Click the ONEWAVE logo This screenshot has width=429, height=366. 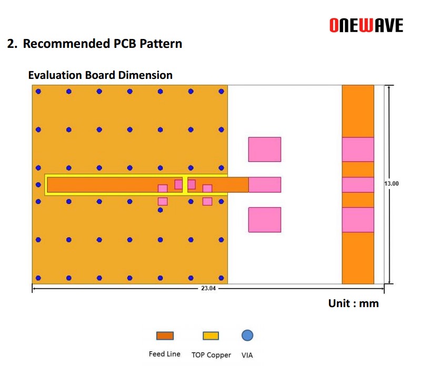pos(366,25)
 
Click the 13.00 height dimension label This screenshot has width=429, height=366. pos(392,184)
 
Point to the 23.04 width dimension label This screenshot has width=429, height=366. pos(208,288)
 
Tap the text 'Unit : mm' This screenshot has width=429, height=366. pos(354,303)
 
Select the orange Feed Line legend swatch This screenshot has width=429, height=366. pos(165,335)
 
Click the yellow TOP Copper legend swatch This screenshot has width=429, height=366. pos(211,335)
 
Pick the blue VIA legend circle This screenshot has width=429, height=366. pos(247,335)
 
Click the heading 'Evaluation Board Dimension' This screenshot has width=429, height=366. pos(101,75)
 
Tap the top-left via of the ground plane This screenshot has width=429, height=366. pos(38,91)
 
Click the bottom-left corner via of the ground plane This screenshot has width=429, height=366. pos(38,278)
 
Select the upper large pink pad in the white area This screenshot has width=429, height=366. pos(265,149)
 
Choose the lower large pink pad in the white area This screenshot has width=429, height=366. pos(265,220)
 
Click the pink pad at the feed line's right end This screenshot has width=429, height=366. pos(265,185)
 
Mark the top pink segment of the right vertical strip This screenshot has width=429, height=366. pos(358,149)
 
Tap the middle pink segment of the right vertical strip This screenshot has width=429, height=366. pos(358,185)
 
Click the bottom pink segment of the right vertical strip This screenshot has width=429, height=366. pos(358,220)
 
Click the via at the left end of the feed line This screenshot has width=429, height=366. pos(38,185)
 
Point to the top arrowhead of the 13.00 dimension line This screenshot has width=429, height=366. pos(389,86)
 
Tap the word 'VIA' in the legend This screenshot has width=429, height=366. pos(247,355)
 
